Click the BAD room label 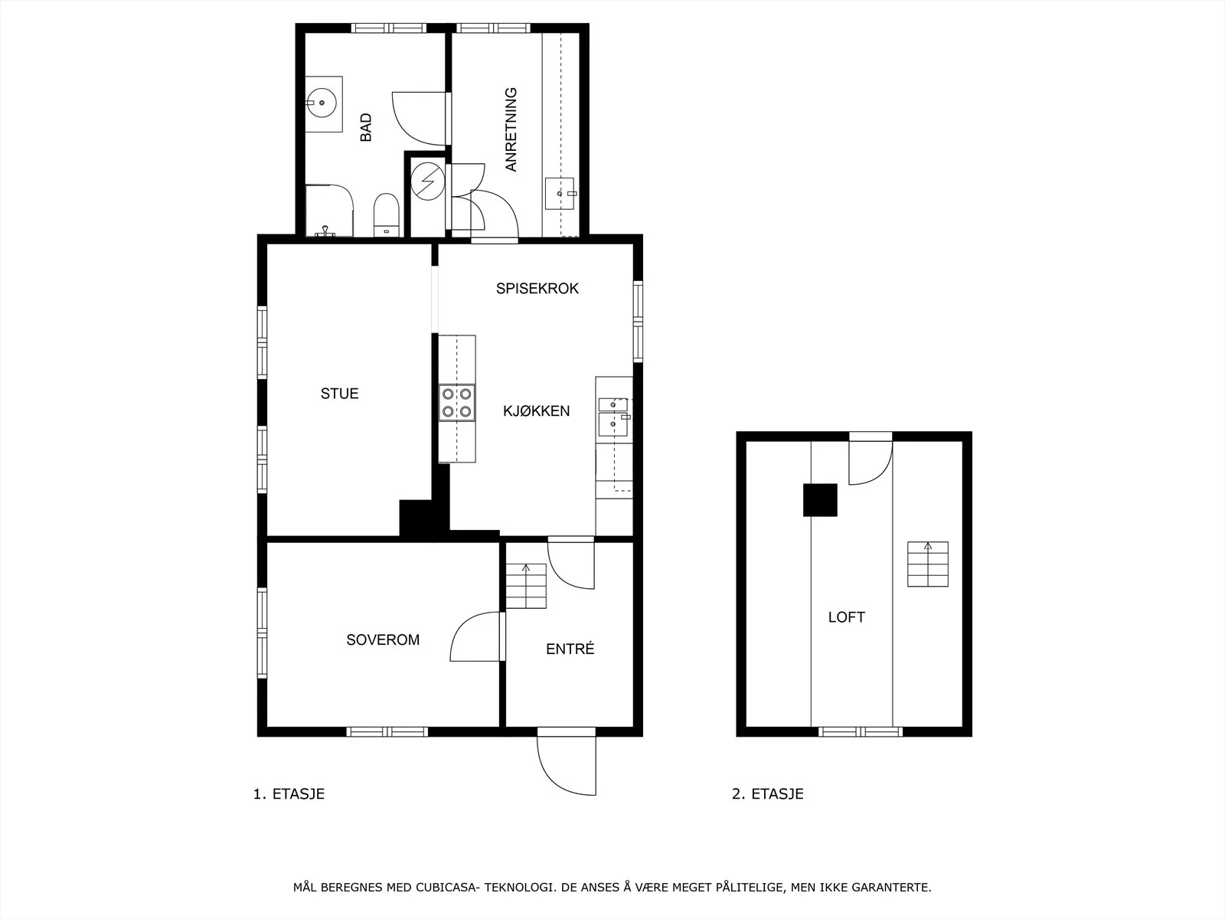pyautogui.click(x=365, y=127)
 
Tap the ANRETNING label pyautogui.click(x=511, y=129)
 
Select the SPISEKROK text pyautogui.click(x=537, y=289)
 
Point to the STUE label pyautogui.click(x=339, y=394)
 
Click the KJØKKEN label pyautogui.click(x=537, y=410)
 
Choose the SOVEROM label pyautogui.click(x=383, y=639)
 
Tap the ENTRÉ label pyautogui.click(x=570, y=649)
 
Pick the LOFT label pyautogui.click(x=847, y=617)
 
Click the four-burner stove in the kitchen pyautogui.click(x=457, y=403)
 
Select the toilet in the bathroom pyautogui.click(x=386, y=215)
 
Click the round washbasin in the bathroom pyautogui.click(x=322, y=103)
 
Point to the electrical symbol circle pyautogui.click(x=427, y=182)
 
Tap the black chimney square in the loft pyautogui.click(x=820, y=500)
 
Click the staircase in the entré pyautogui.click(x=526, y=586)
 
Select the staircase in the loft pyautogui.click(x=927, y=564)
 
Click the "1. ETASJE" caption pyautogui.click(x=289, y=794)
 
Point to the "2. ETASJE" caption pyautogui.click(x=767, y=794)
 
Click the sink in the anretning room pyautogui.click(x=560, y=194)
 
